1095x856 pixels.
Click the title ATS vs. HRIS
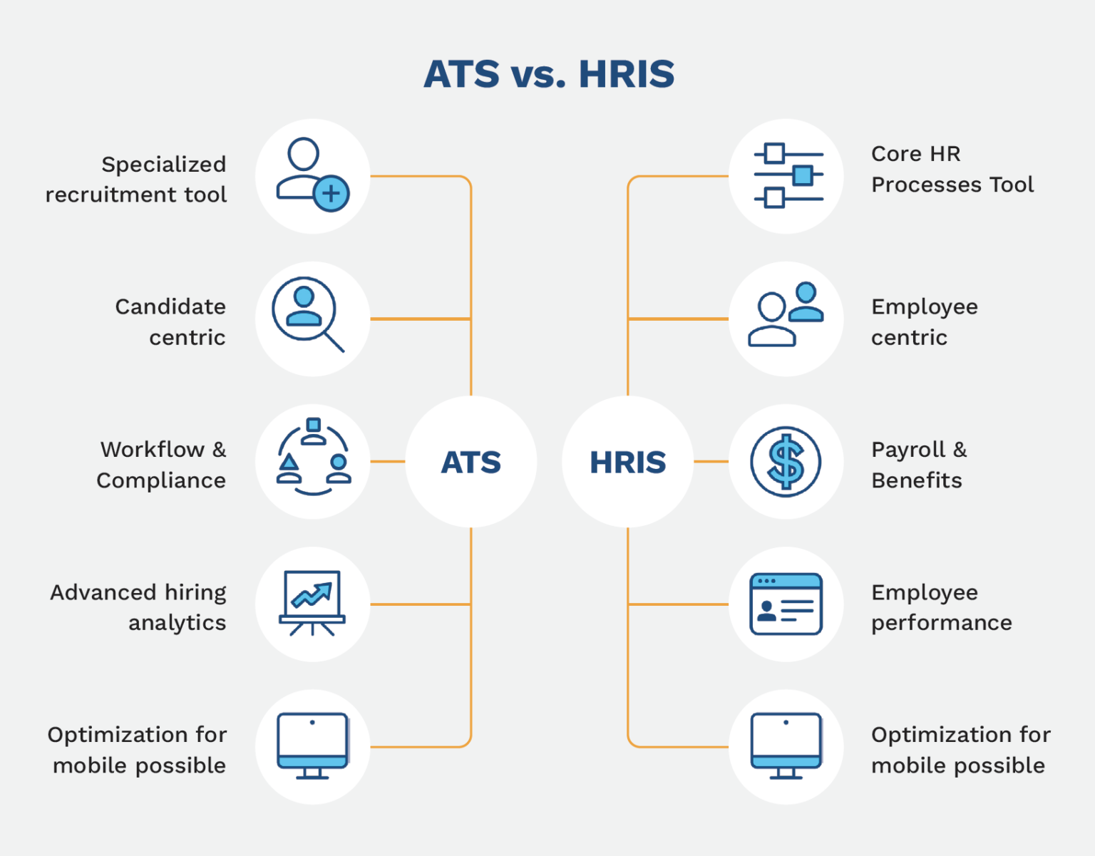548,74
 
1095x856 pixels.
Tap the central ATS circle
471,462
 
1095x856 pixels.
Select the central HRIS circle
627,462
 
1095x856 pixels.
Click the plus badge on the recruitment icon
331,193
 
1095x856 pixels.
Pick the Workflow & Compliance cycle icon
313,457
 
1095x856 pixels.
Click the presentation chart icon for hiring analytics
312,602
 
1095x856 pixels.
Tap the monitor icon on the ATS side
312,746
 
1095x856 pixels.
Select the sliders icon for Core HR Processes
787,175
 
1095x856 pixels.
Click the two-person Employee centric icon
786,315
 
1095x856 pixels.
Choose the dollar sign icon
786,462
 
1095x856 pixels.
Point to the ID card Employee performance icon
786,604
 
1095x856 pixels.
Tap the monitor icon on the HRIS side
786,746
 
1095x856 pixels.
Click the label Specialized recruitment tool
136,179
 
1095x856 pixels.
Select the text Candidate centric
170,321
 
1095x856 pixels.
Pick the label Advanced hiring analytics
138,607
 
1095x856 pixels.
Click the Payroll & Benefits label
919,465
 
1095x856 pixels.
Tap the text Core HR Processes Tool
952,169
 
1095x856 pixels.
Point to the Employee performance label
941,607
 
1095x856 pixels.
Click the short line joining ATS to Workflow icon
388,462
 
